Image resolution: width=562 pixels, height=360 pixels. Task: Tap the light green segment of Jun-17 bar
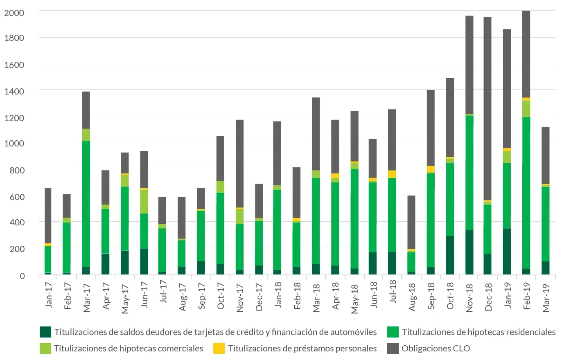click(x=144, y=201)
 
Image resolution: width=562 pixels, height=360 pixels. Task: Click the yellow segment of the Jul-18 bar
click(x=392, y=174)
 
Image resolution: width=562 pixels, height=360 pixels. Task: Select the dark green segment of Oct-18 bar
click(x=450, y=255)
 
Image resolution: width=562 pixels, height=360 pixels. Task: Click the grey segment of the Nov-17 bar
click(x=240, y=164)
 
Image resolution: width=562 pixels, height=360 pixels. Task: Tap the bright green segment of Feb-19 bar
click(x=526, y=193)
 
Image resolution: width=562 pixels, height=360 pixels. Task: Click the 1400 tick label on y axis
click(x=14, y=91)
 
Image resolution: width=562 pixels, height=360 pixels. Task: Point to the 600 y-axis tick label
click(x=17, y=197)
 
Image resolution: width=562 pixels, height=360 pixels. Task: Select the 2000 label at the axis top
click(x=14, y=13)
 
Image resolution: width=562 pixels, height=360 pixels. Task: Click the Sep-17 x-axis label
click(x=201, y=296)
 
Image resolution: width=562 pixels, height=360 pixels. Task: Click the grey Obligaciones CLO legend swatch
click(x=393, y=348)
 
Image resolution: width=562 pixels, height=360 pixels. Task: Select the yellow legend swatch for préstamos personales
click(x=219, y=348)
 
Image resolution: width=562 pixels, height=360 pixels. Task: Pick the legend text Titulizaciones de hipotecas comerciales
click(x=128, y=348)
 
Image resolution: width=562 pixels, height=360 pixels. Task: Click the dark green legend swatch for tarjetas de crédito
click(x=45, y=332)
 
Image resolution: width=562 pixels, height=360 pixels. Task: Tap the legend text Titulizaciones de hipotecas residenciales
click(x=478, y=332)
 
